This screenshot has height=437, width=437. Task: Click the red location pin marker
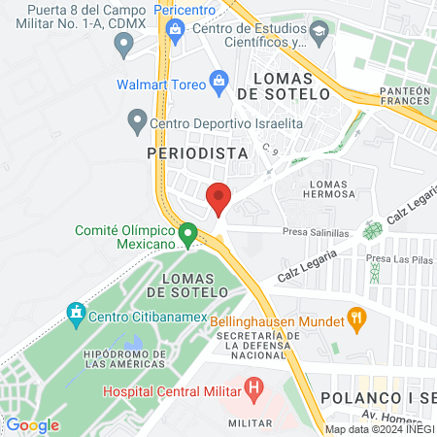(x=218, y=197)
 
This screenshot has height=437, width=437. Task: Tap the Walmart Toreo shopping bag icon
(x=218, y=84)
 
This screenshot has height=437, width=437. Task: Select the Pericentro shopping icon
(x=175, y=27)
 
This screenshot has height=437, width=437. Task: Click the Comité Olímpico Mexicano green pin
(x=188, y=233)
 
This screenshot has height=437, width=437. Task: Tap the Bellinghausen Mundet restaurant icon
(x=356, y=317)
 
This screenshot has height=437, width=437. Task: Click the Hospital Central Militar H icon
(x=254, y=391)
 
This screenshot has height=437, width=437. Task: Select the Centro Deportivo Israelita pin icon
(x=137, y=122)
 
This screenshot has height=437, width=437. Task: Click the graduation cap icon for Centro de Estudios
(x=319, y=35)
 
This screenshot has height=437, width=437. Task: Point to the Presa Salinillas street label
(x=317, y=234)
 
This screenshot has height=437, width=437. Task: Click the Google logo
(x=32, y=424)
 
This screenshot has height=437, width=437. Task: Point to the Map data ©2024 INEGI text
(x=380, y=429)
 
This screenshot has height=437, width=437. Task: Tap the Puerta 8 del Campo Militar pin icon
(x=123, y=43)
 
